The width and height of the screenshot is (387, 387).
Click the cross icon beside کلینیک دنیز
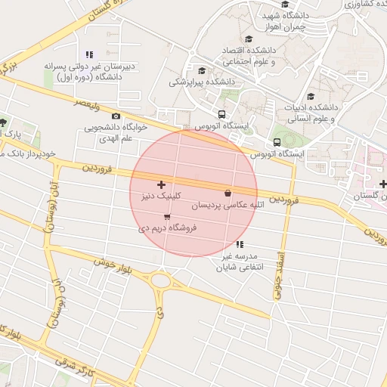coord(161,185)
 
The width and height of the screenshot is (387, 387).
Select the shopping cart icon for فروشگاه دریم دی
coord(167,217)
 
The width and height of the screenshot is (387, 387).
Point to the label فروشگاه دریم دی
coord(168,228)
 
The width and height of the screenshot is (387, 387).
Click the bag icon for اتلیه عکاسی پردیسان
coord(228,193)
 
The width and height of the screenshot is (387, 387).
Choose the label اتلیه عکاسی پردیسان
coord(228,204)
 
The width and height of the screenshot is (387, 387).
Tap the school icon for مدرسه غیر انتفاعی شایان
coord(240,244)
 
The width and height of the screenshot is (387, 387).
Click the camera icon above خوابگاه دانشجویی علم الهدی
coord(116,116)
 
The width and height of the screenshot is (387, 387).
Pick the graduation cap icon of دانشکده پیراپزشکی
coord(200,70)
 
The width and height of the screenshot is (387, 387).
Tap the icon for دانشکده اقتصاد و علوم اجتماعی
coord(248,39)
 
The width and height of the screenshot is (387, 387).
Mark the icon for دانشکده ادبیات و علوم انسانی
coord(311,96)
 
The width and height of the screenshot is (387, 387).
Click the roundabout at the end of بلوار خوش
coord(161,280)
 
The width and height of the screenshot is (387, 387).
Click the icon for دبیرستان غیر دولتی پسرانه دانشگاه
coord(90,54)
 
